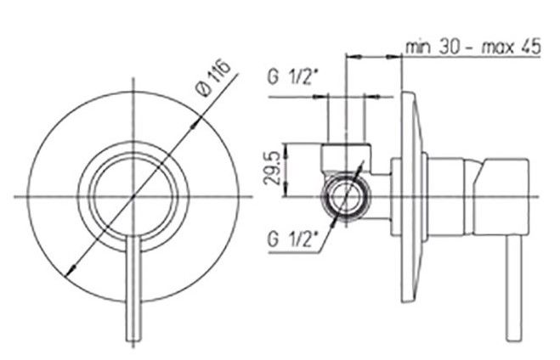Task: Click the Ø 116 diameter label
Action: pos(213,79)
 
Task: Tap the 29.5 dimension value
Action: pos(272,169)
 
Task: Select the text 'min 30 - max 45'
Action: pos(473,47)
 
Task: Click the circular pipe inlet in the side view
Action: pos(345,197)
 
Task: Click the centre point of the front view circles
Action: pos(133,197)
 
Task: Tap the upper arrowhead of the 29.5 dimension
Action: pos(286,149)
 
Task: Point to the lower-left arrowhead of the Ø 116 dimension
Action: pos(71,270)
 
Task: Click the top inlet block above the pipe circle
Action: pos(346,157)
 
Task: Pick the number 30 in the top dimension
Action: pos(449,47)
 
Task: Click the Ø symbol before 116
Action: pos(205,89)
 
